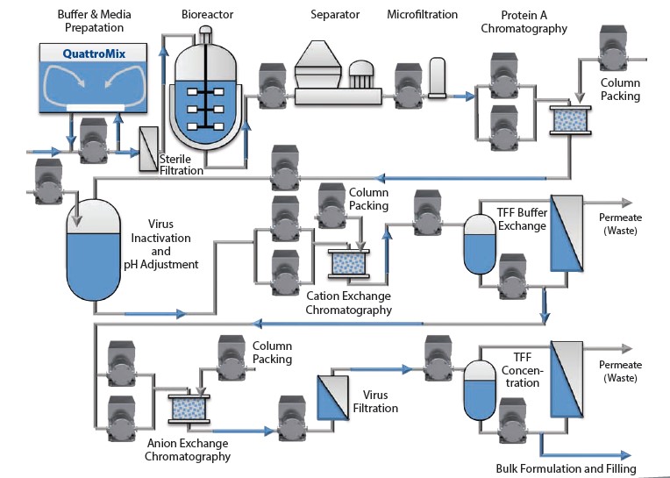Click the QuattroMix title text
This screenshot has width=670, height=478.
point(94,54)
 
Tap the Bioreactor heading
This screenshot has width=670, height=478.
point(207,15)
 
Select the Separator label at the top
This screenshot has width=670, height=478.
point(335,15)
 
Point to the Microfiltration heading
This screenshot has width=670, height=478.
point(422,15)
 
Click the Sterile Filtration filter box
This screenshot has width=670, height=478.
point(149,148)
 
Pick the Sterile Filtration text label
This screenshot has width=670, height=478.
point(182,165)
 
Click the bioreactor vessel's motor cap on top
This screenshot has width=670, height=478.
point(205,33)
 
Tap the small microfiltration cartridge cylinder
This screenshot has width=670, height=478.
point(437,78)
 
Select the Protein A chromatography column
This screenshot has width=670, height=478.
point(570,120)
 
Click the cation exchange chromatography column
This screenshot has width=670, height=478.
point(349,264)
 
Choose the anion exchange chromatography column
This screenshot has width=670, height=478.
point(189,409)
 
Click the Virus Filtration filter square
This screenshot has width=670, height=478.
point(333,397)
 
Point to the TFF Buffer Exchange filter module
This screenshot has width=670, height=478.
point(567,233)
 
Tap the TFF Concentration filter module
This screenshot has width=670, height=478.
point(567,379)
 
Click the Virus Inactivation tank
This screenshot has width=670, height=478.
point(94,250)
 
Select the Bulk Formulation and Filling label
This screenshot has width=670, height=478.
point(567,468)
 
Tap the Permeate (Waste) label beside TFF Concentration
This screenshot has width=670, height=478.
point(620,371)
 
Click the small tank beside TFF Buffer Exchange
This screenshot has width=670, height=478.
point(480,244)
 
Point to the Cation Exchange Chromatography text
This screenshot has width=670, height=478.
point(349,303)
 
